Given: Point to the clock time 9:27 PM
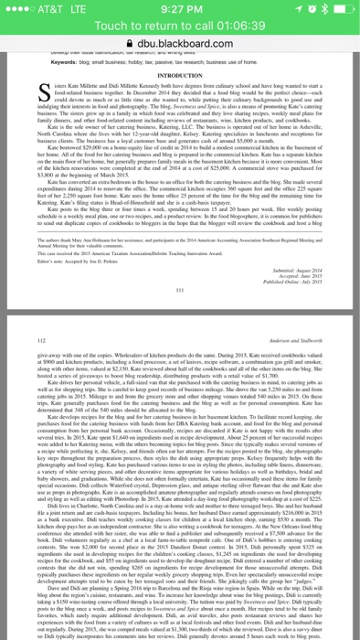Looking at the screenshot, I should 180,10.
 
